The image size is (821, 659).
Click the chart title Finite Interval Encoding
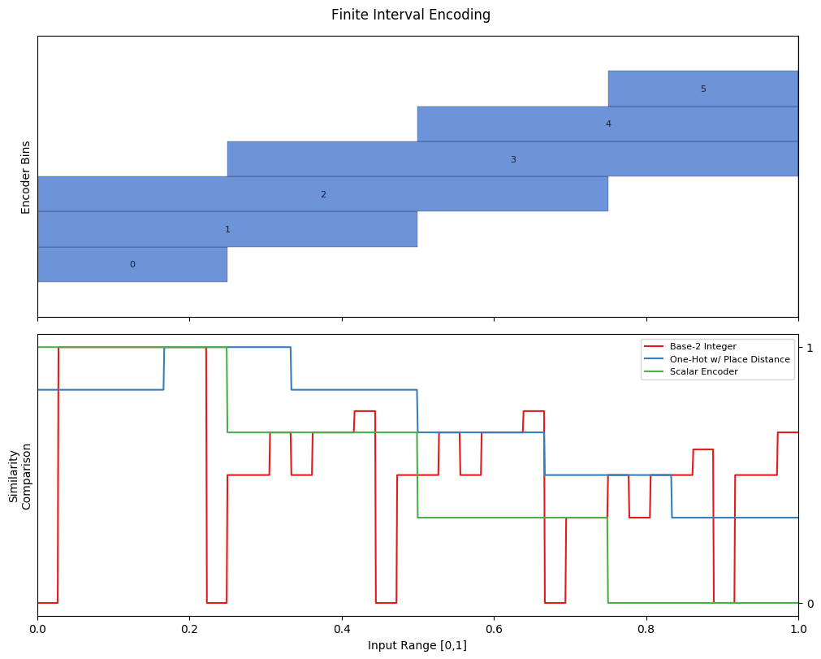click(411, 15)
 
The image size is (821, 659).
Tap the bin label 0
click(132, 265)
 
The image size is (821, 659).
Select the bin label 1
click(227, 229)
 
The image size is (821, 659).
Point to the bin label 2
click(323, 194)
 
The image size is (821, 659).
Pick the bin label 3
click(513, 159)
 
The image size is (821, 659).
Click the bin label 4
click(608, 124)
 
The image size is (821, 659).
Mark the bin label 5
click(703, 89)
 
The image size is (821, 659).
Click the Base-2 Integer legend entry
click(702, 346)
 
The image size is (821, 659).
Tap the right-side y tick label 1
click(810, 347)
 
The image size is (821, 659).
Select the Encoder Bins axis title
click(26, 177)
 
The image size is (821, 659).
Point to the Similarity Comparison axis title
click(19, 476)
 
